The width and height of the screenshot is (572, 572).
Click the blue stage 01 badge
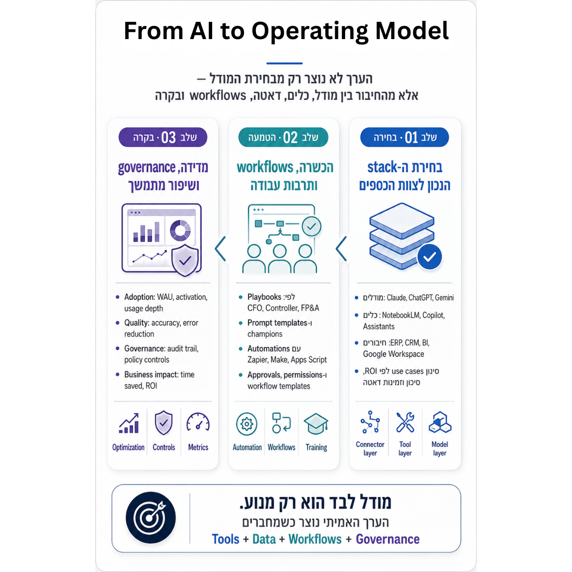404,137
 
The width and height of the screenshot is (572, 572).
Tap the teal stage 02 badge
283,137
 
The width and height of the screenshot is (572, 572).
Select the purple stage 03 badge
163,137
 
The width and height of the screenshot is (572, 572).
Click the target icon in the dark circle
151,518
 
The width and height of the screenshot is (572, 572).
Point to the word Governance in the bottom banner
388,539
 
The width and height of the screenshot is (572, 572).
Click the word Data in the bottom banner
264,539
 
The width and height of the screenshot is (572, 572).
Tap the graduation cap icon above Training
316,424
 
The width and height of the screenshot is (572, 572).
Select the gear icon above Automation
246,424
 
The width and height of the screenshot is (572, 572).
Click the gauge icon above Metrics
198,422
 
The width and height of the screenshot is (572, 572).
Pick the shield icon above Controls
163,423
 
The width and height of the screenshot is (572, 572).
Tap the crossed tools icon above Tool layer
405,422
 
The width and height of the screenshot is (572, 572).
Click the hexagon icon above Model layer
440,422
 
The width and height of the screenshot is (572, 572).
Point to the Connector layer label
370,449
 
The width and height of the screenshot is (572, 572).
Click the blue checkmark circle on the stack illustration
429,257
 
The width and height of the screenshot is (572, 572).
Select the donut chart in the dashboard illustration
180,230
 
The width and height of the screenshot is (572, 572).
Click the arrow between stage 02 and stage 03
220,249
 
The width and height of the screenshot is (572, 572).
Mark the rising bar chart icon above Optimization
129,423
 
